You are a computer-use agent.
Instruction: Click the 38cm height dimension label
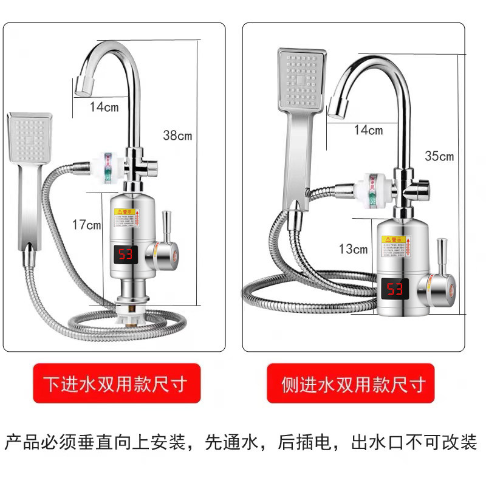(x=177, y=135)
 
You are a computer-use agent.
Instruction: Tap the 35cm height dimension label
(x=439, y=156)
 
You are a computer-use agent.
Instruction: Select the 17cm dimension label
(x=86, y=225)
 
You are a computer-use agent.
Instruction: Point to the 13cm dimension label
(x=353, y=248)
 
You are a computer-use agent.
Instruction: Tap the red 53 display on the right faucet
(x=394, y=289)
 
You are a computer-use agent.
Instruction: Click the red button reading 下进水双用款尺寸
(x=116, y=384)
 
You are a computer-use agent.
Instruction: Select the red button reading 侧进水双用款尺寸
(x=351, y=384)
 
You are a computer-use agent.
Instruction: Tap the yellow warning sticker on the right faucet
(x=393, y=247)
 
